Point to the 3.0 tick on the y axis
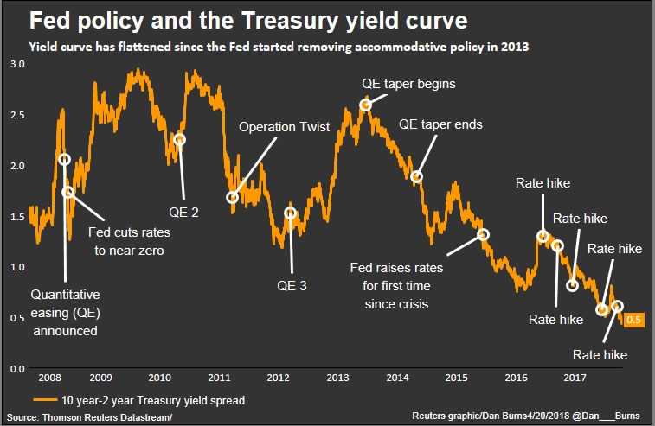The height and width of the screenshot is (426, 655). (17, 65)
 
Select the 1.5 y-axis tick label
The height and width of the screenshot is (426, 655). (17, 216)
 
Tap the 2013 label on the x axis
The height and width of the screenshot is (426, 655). (337, 378)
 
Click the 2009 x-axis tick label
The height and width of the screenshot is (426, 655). (100, 378)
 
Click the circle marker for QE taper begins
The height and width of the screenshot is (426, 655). (366, 105)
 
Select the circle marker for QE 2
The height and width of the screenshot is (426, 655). (180, 140)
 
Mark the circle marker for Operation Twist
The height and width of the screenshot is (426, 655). (233, 197)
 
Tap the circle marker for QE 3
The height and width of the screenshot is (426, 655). (291, 213)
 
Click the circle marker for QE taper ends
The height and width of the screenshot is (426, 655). (417, 177)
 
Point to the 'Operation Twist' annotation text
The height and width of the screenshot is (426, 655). (285, 127)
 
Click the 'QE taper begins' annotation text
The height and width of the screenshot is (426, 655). (408, 84)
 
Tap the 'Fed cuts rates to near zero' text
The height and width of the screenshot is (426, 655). (130, 241)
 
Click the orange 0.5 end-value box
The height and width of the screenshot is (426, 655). (633, 321)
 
